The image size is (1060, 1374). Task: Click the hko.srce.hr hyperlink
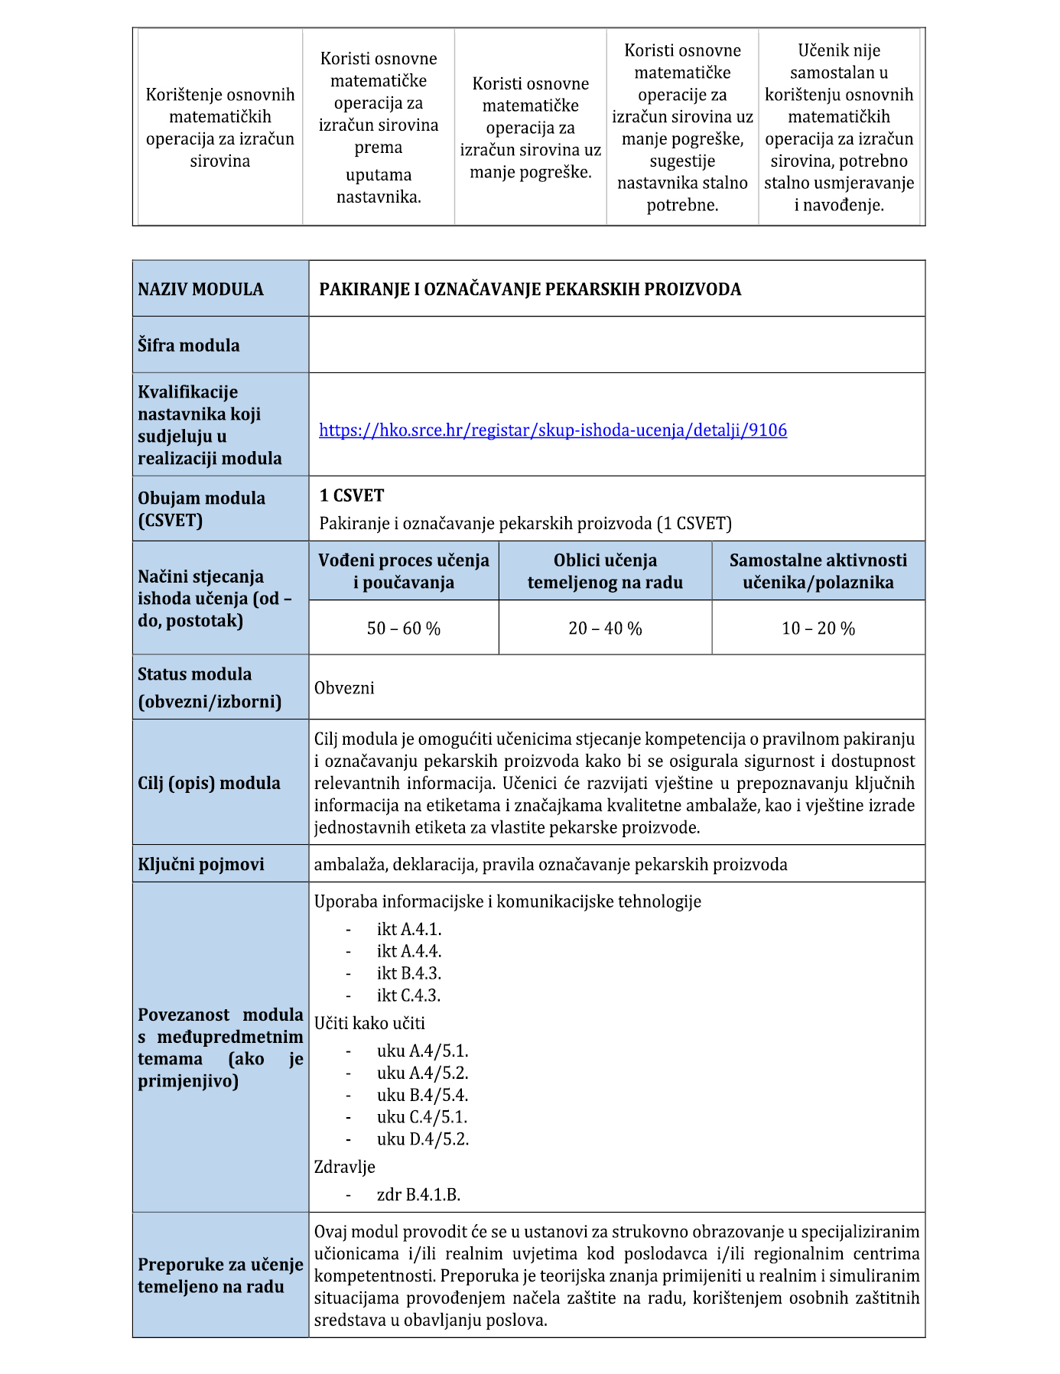552,430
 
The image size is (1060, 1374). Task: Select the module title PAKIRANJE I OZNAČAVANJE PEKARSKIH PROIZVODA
530,290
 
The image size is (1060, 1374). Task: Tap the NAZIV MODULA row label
200,290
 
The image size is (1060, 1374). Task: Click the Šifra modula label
188,346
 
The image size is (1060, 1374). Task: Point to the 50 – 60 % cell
404,629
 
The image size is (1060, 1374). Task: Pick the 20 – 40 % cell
605,629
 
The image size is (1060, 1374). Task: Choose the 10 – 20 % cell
818,629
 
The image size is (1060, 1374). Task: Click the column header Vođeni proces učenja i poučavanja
404,571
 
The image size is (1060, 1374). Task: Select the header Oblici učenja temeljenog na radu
605,571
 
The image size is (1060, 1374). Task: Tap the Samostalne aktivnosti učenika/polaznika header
818,571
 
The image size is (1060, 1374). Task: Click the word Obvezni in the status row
344,688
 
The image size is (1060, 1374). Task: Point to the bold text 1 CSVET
352,495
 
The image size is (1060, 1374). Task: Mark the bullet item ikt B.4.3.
408,973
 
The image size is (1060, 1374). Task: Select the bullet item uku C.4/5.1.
421,1117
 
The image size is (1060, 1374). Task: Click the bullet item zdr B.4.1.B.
418,1195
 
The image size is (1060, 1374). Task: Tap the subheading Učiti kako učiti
369,1024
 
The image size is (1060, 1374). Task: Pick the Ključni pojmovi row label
201,865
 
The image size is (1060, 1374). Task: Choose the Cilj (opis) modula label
209,784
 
